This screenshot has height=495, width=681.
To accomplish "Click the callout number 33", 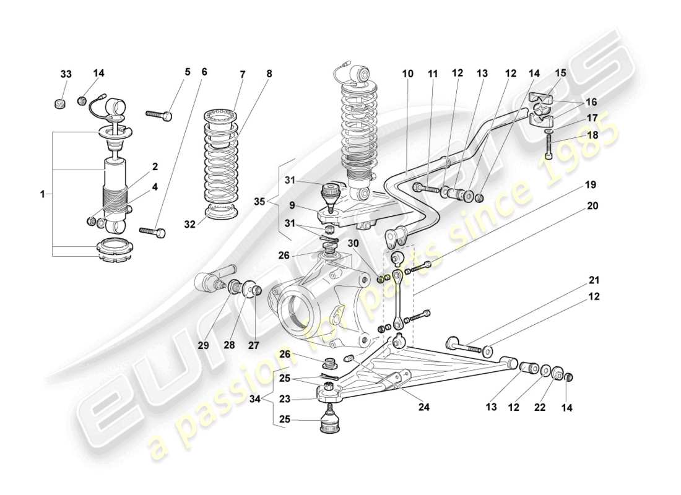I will coord(66,74).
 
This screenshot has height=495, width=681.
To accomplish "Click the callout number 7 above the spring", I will coord(242,74).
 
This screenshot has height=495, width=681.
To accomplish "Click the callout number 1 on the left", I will coord(43,194).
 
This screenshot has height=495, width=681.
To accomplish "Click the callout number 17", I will coord(592,118).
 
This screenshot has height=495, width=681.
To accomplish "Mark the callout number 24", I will coord(423,407).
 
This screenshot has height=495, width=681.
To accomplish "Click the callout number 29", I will coord(204,345).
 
